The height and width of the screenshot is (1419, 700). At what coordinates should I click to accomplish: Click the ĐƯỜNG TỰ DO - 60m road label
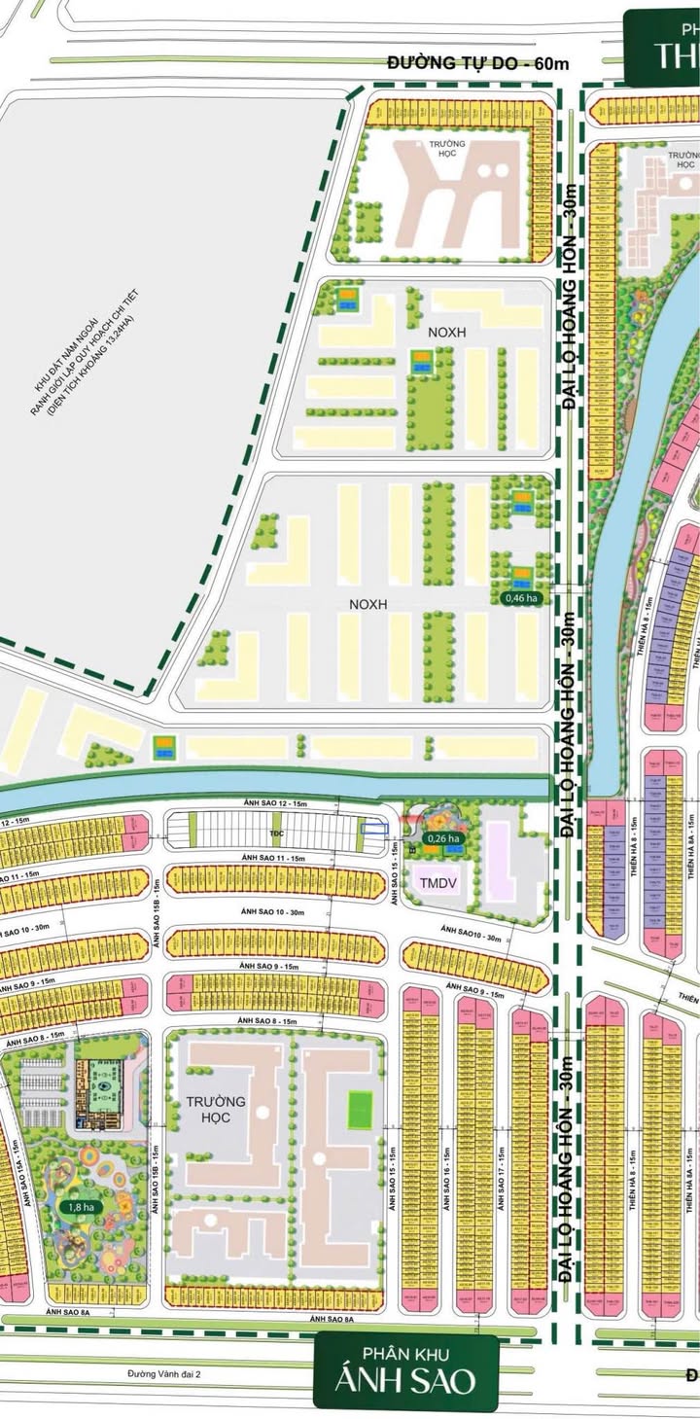pyautogui.click(x=476, y=63)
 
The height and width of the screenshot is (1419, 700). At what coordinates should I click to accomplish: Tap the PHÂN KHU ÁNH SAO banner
pyautogui.click(x=405, y=1371)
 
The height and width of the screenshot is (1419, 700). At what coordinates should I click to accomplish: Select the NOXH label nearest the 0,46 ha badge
pyautogui.click(x=368, y=604)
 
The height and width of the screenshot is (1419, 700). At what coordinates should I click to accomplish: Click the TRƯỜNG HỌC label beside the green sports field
pyautogui.click(x=218, y=1110)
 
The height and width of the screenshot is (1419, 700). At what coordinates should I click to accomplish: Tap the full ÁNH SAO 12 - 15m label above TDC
pyautogui.click(x=274, y=803)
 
